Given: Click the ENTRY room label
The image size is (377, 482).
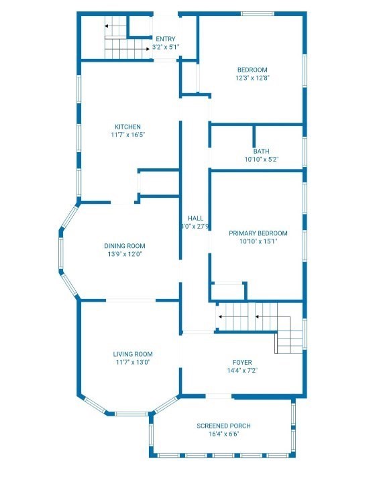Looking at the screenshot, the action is coord(166,39).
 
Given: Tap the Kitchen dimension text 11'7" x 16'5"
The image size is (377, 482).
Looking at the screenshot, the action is coord(128,135).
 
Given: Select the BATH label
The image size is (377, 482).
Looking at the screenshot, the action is coord(262,152).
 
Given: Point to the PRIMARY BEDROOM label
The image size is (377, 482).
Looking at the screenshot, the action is coord(258,233).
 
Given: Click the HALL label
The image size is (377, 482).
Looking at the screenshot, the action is coord(196,219).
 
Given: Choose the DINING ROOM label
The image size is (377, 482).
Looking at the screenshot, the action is coord(125,246).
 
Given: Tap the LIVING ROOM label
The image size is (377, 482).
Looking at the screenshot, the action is coord(133,354).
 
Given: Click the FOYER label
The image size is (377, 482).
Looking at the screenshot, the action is coord(242,363).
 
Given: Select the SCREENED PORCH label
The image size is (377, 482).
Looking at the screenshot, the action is coord(223,426).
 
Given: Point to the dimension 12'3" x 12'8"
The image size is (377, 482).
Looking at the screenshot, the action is coord(252,78).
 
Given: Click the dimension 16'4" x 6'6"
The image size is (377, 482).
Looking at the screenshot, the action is coord(224,434).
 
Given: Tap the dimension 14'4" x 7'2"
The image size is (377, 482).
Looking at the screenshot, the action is coord(242,371).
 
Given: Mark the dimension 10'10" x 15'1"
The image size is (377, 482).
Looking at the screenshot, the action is coord(259,241).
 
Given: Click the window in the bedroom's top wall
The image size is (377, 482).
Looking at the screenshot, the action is coord(257,14).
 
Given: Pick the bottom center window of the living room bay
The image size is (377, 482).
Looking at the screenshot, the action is coord(131,414).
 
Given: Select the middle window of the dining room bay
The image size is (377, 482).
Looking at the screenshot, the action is coord(61,253).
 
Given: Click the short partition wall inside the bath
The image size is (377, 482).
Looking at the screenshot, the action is coord(254,136).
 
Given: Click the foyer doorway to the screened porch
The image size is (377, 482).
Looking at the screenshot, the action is coord(219,396).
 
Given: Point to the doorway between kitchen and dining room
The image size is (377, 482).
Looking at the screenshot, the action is coord(122,202).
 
